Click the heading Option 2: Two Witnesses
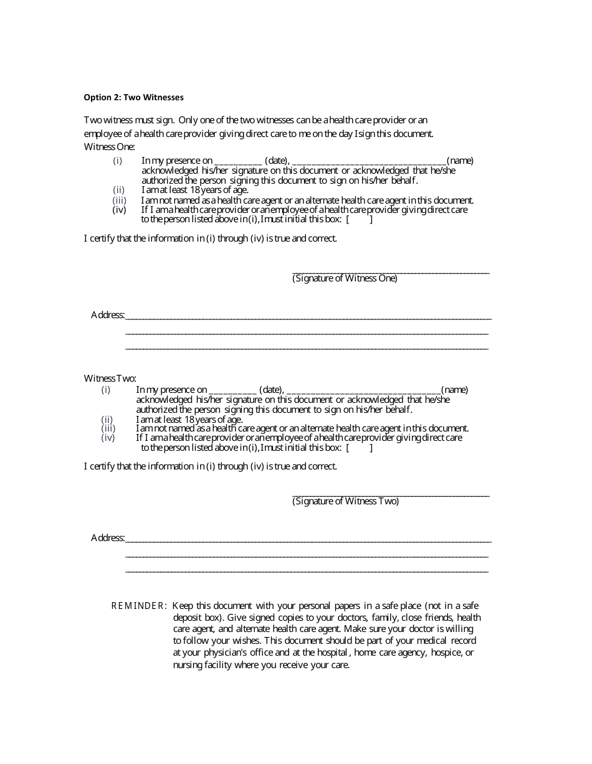(x=134, y=97)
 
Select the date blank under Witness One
(x=237, y=161)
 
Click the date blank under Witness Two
(x=232, y=390)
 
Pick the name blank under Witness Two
(x=364, y=390)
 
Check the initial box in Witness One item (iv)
(x=360, y=219)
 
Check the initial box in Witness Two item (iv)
(x=360, y=448)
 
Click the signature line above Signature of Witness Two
(x=391, y=496)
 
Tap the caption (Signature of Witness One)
(x=345, y=279)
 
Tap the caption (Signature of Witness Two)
(x=345, y=501)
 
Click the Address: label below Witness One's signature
(x=108, y=315)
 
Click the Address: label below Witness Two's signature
(x=108, y=538)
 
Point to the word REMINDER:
(x=139, y=606)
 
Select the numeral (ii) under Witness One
(x=118, y=190)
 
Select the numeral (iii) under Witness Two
(x=108, y=428)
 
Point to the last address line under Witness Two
(x=307, y=571)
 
